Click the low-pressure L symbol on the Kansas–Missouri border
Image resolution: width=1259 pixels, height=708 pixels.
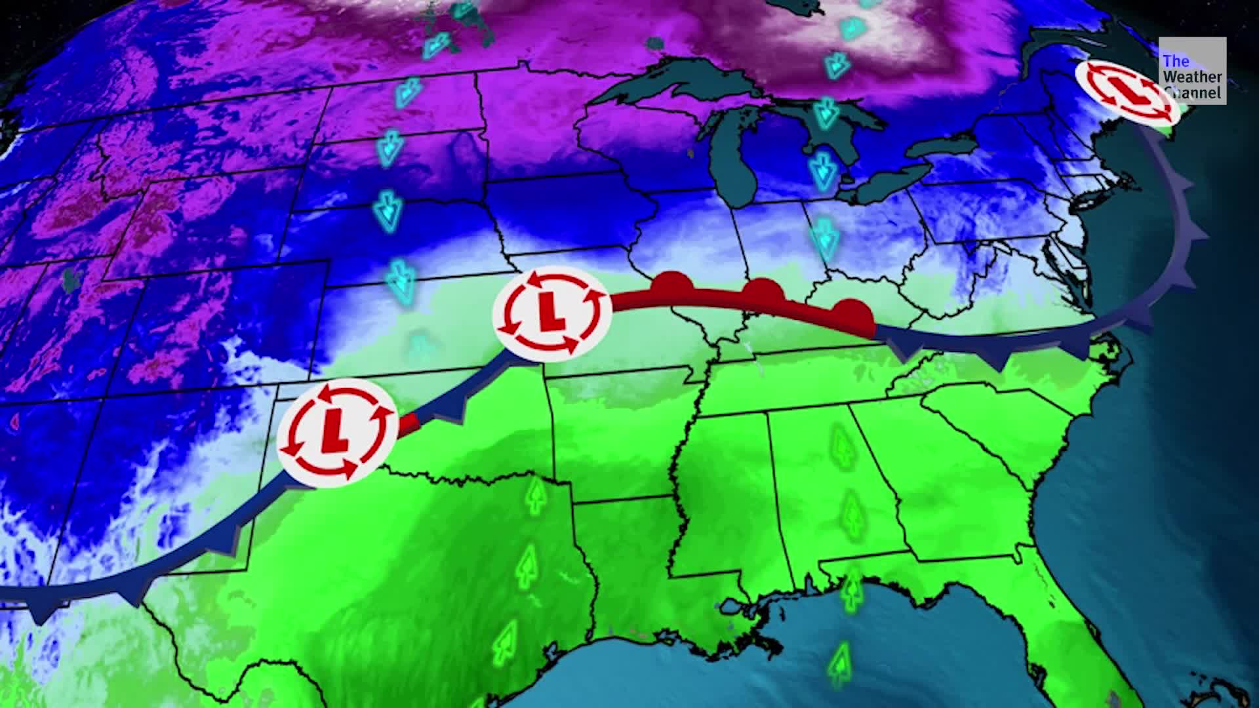[552, 313]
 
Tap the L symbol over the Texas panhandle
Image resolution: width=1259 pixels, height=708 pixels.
[337, 432]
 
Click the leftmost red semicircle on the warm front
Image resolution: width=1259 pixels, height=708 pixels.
[671, 285]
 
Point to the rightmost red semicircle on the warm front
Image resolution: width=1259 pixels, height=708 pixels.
[851, 312]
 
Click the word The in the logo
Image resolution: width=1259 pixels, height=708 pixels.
[1176, 62]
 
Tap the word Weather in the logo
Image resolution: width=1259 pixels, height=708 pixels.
[1192, 77]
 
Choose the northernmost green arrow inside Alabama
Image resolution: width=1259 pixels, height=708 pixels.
[841, 446]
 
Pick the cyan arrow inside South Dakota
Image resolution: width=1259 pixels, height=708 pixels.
[390, 147]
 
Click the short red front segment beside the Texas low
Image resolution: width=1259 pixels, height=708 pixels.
[410, 423]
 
